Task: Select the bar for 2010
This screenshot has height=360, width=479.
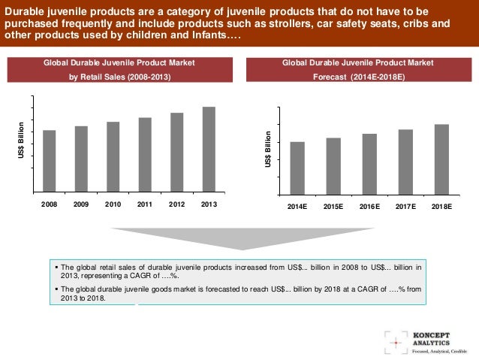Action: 113,156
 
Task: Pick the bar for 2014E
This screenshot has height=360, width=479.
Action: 297,168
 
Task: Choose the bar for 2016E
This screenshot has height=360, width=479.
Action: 369,164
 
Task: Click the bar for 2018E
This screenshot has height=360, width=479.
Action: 441,159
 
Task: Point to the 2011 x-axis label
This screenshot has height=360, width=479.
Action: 145,204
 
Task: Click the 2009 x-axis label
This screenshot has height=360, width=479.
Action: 81,204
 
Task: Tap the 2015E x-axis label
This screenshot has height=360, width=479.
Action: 333,205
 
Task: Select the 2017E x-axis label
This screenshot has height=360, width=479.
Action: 405,205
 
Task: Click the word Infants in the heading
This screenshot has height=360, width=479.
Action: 194,35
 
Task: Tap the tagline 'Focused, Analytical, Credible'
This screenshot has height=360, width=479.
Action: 439,350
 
